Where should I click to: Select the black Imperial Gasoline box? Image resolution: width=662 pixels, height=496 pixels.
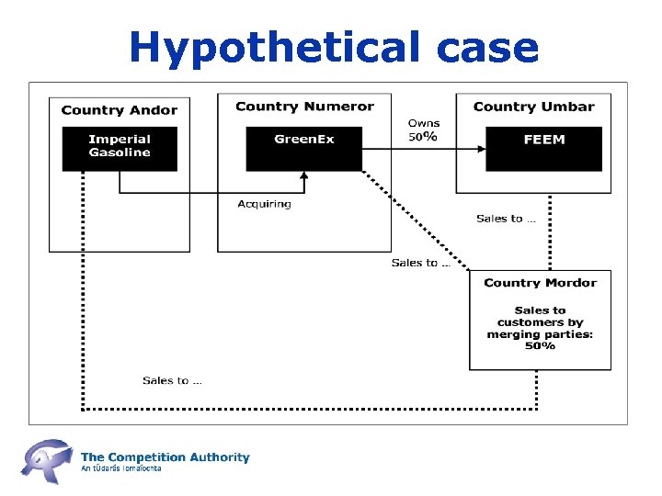(120, 148)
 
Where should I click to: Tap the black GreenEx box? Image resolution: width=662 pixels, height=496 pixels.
(304, 148)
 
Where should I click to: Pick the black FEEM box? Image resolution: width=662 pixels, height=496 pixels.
(543, 148)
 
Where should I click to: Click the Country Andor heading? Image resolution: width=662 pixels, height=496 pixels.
(120, 110)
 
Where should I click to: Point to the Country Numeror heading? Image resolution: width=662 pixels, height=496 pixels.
(304, 107)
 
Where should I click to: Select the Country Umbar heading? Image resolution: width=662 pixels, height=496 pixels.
(533, 107)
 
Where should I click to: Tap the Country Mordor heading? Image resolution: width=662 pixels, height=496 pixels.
(540, 283)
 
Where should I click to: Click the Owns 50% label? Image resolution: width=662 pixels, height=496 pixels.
(424, 130)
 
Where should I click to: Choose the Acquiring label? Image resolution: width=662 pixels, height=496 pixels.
(264, 204)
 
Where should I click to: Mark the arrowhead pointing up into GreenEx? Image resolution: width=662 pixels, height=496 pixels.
(304, 177)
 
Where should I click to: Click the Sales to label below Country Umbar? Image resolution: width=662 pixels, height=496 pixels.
(506, 219)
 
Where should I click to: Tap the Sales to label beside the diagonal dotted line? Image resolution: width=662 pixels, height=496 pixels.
(420, 263)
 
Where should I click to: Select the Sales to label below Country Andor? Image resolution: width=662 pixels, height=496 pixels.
(173, 380)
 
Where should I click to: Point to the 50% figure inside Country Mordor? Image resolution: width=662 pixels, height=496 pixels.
(540, 346)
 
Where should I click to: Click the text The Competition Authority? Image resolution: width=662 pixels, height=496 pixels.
(165, 457)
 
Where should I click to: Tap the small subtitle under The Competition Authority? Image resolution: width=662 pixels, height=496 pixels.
(121, 468)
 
